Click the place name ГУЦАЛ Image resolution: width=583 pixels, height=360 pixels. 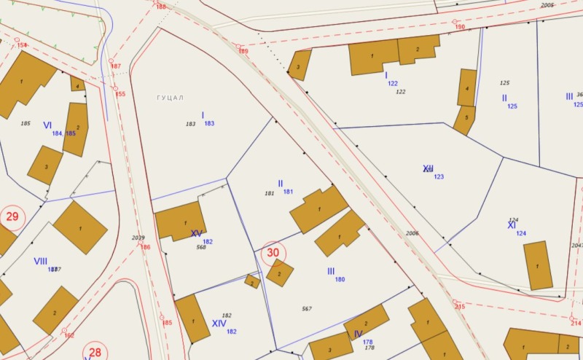[171, 98]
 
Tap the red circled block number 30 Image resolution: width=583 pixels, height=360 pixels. [273, 253]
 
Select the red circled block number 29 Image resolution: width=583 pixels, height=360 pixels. [12, 216]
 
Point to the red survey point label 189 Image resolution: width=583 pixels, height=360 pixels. [243, 52]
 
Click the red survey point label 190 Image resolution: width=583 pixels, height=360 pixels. [460, 27]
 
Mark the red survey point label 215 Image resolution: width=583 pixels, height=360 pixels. [459, 307]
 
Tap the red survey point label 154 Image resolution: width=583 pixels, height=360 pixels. [22, 45]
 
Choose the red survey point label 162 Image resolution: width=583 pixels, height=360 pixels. [69, 335]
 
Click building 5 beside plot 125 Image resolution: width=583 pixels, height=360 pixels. [464, 120]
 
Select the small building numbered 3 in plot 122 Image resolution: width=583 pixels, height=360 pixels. [299, 66]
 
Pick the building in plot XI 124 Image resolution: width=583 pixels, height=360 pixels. [538, 265]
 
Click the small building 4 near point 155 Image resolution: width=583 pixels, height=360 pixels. [77, 84]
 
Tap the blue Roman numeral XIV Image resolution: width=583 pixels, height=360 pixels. [219, 323]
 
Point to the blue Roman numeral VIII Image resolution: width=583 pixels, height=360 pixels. [40, 261]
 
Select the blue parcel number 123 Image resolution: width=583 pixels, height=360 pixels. [439, 177]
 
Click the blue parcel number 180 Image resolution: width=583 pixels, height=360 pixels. [340, 279]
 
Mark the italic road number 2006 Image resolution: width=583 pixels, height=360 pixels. [412, 233]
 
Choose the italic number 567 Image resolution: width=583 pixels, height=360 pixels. [307, 309]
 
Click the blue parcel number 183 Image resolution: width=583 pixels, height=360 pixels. [209, 124]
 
